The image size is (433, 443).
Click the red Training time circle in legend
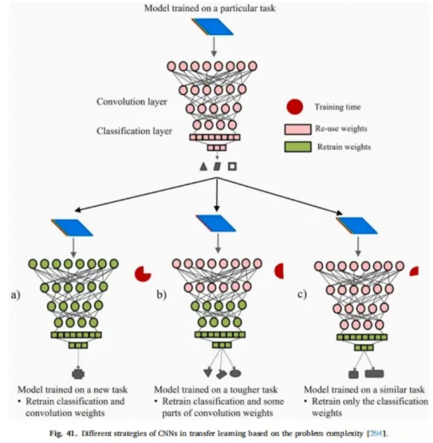coord(294,107)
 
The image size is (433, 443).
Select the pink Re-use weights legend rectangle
coord(298,129)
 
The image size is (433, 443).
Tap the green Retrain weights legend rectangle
coord(298,147)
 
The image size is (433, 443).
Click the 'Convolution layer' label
coord(132,102)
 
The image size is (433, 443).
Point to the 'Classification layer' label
coord(134,131)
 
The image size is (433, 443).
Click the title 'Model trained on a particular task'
coord(210,8)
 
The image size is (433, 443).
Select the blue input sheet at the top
coord(213,27)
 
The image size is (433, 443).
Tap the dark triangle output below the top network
coord(203,167)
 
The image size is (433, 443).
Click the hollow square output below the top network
coord(232,167)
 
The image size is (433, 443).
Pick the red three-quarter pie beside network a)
coord(142,274)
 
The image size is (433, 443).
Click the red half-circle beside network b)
coord(280,271)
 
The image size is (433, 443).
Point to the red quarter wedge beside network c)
coord(415,272)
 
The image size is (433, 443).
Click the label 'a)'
coord(16,295)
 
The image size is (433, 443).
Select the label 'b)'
coord(162,294)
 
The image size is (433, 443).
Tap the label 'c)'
coord(302,294)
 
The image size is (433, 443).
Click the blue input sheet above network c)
coord(357,225)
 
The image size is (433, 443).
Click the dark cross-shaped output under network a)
coord(78,374)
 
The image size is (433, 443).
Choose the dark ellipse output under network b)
coord(235,374)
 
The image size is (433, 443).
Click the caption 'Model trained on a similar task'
coord(364,390)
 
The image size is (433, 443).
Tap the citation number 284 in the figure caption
coord(376,434)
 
